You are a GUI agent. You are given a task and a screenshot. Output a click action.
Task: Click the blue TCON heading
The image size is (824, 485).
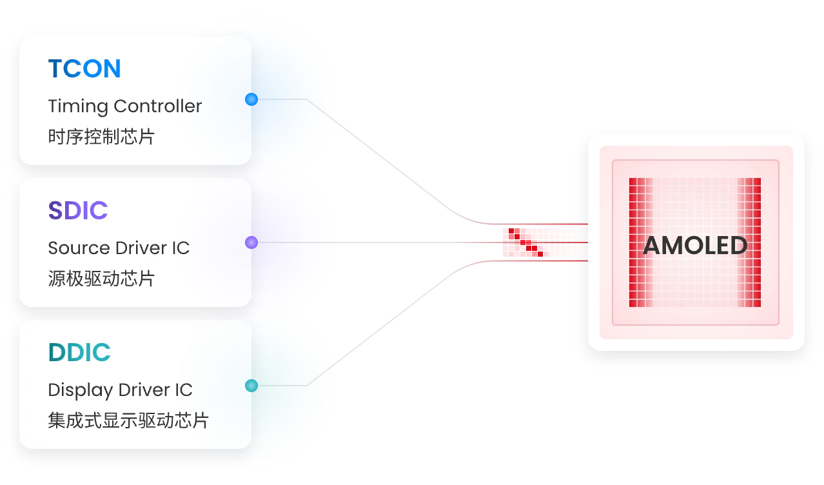[84, 68]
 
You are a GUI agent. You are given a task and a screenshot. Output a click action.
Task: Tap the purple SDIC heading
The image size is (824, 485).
[78, 210]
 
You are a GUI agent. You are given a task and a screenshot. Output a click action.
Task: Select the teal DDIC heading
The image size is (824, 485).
[79, 352]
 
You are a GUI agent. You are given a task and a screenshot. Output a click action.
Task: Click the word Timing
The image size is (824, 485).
[78, 106]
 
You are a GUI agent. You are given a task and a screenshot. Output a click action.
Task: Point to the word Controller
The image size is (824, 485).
[158, 106]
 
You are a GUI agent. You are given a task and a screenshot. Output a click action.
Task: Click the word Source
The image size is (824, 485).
[79, 248]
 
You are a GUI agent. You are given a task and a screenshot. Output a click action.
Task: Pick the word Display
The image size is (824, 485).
[81, 390]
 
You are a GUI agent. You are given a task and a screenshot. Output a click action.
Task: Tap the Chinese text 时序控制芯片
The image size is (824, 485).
[101, 137]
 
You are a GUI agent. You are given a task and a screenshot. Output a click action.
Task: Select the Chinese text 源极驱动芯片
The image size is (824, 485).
[101, 278]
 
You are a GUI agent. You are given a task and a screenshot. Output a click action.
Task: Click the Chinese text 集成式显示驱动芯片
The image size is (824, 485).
[128, 421]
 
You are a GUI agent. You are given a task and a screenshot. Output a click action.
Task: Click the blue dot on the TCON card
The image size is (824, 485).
[251, 99]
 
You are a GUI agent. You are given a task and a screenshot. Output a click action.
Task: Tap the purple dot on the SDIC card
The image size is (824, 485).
[251, 243]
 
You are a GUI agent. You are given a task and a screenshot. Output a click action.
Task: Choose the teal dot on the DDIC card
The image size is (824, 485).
[251, 386]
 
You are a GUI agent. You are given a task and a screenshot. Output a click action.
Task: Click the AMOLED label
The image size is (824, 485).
[695, 246]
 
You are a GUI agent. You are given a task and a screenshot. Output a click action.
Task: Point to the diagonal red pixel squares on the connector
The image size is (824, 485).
[525, 243]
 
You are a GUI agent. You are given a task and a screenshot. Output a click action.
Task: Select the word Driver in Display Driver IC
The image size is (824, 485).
[144, 390]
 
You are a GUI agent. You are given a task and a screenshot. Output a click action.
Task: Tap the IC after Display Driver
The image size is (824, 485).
[184, 390]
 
